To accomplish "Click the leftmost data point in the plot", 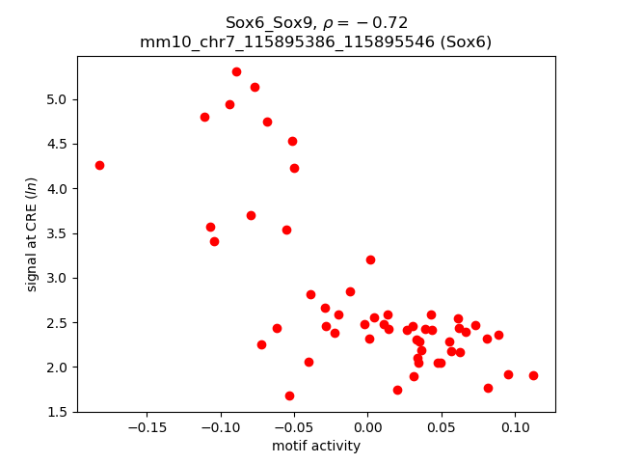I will pos(99,165).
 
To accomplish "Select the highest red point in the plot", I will pos(236,71).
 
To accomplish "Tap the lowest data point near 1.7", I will pos(289,395).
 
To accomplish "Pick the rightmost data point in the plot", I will pos(533,375).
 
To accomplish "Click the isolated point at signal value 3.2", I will pos(370,259).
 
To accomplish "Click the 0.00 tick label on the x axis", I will pos(367,427).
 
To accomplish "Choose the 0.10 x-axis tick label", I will pos(515,427).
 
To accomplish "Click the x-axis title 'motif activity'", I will pos(316,446).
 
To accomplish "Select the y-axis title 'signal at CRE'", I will pos(32,234).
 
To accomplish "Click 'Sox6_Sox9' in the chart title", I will pos(262,22).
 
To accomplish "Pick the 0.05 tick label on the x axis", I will pos(441,427).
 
